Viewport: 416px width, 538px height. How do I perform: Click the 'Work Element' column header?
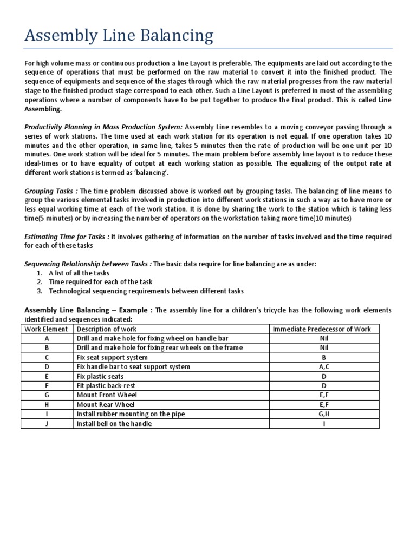47,329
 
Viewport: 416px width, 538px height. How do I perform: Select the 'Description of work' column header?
107,329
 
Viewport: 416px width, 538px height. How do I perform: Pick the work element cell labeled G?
47,395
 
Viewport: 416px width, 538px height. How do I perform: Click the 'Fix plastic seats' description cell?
100,376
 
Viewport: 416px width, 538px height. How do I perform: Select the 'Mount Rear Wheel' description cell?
106,404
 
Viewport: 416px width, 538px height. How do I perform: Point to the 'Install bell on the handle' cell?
114,424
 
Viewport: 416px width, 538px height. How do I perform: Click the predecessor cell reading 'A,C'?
324,367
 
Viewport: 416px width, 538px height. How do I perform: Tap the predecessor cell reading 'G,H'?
324,414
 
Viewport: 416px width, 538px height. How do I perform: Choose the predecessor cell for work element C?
324,357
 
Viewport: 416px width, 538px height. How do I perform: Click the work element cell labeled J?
47,424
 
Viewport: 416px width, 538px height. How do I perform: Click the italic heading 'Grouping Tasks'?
50,191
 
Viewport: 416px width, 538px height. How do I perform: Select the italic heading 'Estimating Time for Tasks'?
67,237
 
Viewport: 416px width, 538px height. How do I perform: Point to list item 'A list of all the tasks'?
79,273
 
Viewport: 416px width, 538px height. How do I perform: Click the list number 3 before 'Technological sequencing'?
40,291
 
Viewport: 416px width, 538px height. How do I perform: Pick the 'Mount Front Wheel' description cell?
106,395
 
